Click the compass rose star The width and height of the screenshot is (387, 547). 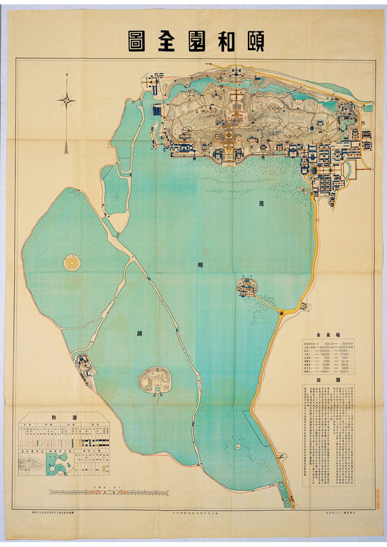67,100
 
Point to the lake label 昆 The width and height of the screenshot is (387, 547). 262,203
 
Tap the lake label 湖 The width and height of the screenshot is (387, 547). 140,333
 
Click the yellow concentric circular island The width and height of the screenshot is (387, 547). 71,262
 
